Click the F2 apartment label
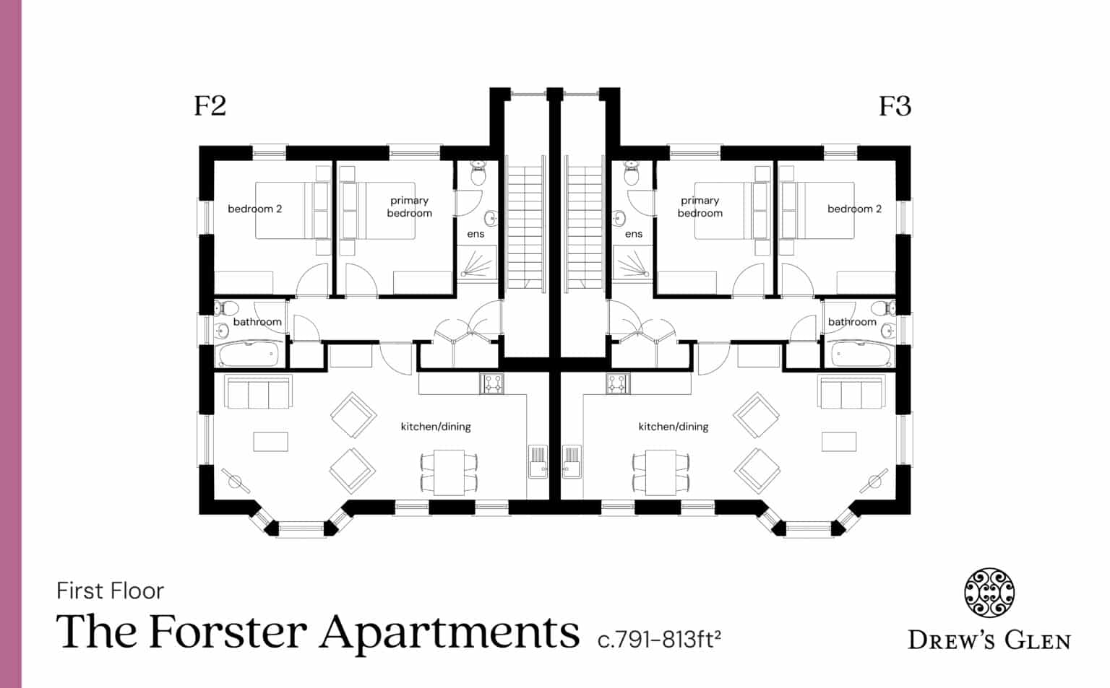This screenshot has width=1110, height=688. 210,106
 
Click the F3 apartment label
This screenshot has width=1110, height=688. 895,106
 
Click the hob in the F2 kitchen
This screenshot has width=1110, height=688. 491,383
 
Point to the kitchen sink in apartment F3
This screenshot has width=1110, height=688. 571,461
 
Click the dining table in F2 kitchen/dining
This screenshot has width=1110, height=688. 449,472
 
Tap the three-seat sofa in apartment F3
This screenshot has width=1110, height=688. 851,392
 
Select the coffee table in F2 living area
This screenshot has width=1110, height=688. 270,442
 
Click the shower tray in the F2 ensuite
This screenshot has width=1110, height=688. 477,264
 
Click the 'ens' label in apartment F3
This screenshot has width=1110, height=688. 633,234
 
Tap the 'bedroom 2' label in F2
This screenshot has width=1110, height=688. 254,209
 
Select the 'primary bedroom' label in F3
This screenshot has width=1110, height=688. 700,207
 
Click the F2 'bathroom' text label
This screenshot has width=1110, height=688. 257,322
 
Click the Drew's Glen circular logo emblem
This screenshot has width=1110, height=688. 989,593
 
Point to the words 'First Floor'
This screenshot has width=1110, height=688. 110,591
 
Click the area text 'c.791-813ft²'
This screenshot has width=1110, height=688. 659,640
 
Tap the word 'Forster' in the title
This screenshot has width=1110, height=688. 228,632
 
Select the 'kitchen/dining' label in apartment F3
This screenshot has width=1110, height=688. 673,427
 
